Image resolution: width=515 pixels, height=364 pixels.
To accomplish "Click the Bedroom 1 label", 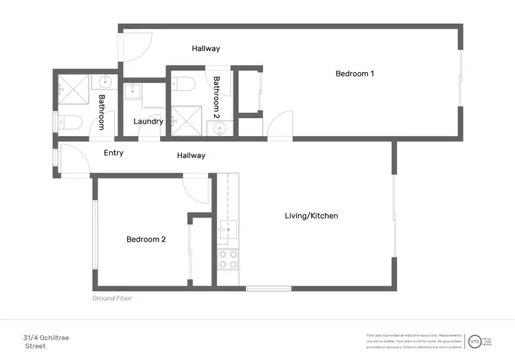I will coord(354,73).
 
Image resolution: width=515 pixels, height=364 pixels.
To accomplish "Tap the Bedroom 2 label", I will coord(146,240).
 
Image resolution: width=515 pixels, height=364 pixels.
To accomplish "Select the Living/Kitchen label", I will coord(311,216).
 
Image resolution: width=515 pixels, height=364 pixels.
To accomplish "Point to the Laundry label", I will coord(148,122).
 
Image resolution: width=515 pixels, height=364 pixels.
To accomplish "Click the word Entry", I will coord(113,152).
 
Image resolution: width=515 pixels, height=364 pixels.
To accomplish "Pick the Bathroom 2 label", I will coord(216,94).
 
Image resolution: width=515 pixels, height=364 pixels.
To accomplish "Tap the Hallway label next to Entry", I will coord(191,155).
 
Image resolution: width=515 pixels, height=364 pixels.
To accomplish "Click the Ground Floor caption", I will coord(112,299).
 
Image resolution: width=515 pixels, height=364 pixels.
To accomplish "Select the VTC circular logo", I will coord(474,341).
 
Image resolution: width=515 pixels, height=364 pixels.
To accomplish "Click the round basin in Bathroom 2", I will coord(219,128).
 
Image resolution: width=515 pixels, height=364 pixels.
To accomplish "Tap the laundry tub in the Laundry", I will coord(133,91).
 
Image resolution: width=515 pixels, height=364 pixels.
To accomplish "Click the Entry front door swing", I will coord(74,159).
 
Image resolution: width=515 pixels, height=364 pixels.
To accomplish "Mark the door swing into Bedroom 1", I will coord(280,127).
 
